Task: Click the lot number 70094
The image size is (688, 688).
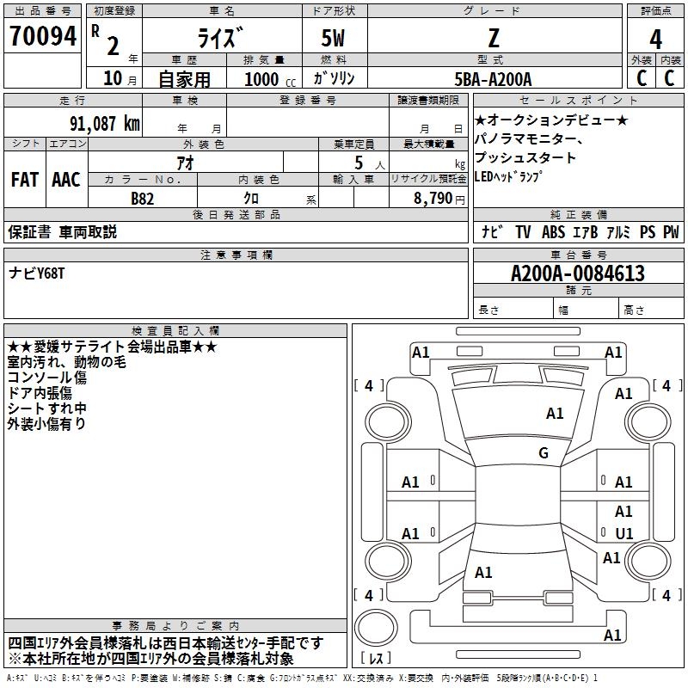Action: [x=43, y=36]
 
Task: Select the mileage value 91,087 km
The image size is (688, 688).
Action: [x=105, y=124]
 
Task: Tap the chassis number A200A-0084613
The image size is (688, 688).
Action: [x=578, y=273]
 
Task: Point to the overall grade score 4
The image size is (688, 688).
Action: [x=655, y=40]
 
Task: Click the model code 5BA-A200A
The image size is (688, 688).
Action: [x=493, y=79]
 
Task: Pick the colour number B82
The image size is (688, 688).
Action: [x=143, y=199]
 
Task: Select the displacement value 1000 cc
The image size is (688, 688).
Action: [x=270, y=79]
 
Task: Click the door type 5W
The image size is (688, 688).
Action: [x=333, y=38]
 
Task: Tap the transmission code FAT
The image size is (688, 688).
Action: [x=25, y=180]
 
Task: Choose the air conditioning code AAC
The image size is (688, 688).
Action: [x=66, y=180]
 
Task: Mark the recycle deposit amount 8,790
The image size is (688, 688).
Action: [x=433, y=199]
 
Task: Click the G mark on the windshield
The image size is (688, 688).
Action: [x=544, y=453]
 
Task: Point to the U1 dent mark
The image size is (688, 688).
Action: [x=624, y=533]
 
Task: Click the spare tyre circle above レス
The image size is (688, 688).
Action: [x=376, y=628]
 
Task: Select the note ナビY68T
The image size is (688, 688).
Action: [x=36, y=273]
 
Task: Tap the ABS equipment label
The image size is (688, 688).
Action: [x=553, y=232]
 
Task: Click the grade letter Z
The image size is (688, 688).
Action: [x=494, y=38]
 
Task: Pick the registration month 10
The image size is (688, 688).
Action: [x=113, y=78]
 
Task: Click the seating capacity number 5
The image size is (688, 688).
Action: [x=359, y=163]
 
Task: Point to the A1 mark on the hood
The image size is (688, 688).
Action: [x=555, y=414]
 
